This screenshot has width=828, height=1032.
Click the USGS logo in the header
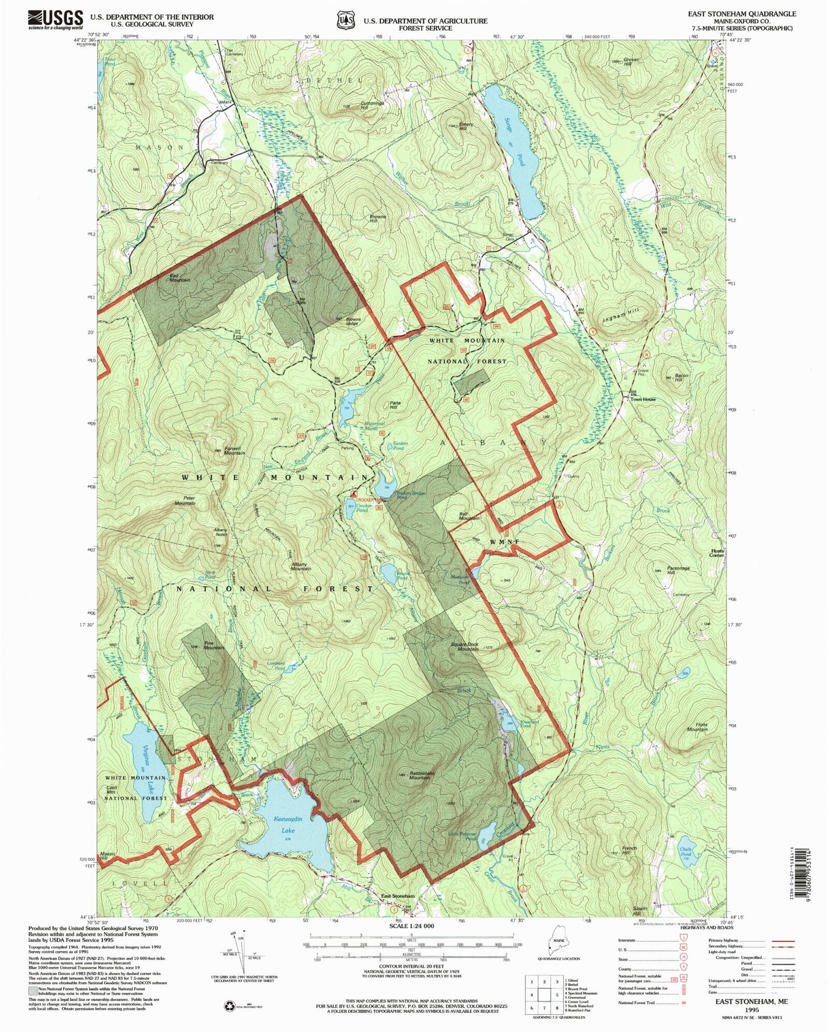[55, 20]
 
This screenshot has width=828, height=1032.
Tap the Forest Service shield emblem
[345, 20]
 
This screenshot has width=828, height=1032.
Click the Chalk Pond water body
[686, 857]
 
